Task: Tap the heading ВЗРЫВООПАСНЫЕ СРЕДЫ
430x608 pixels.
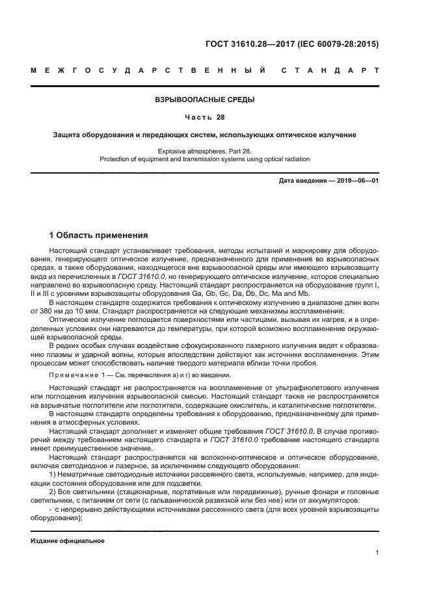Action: click(205, 100)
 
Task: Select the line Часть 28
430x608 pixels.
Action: click(205, 118)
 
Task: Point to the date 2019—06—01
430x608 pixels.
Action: click(355, 179)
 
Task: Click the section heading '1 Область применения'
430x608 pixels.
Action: click(99, 235)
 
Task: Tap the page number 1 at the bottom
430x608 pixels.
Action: click(377, 553)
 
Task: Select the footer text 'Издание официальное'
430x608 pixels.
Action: click(68, 541)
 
